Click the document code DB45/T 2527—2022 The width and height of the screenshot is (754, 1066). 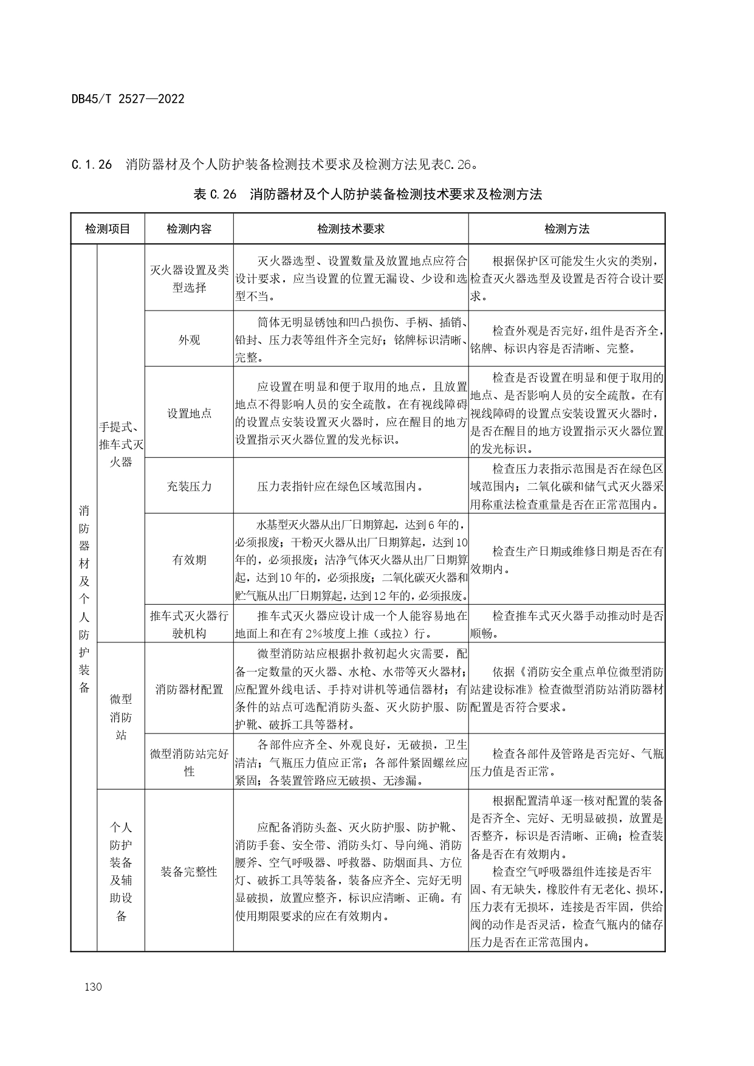pos(128,98)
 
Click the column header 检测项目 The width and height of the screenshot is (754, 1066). pos(108,229)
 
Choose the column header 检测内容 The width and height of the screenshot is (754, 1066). pos(189,229)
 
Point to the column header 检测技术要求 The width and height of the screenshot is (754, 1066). pos(351,229)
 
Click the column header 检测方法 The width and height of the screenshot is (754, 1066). pos(566,229)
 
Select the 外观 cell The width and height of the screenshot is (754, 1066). pos(189,340)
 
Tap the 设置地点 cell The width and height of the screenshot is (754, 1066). pos(189,413)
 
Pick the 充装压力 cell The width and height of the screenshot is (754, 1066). pos(189,487)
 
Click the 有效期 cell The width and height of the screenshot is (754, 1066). pos(189,560)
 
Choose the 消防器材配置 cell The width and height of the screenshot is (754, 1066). pos(189,689)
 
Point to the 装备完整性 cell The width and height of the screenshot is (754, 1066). pos(189,872)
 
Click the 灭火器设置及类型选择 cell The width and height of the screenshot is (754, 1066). pos(189,279)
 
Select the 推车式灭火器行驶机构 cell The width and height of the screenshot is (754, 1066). pos(189,625)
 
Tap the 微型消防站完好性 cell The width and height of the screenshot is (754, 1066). pos(189,762)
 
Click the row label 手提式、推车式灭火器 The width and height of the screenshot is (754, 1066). pos(121,444)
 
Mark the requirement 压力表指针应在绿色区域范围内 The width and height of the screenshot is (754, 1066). pos(340,487)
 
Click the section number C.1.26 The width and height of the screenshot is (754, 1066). pos(92,165)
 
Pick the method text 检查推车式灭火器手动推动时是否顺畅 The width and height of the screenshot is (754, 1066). pos(566,625)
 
